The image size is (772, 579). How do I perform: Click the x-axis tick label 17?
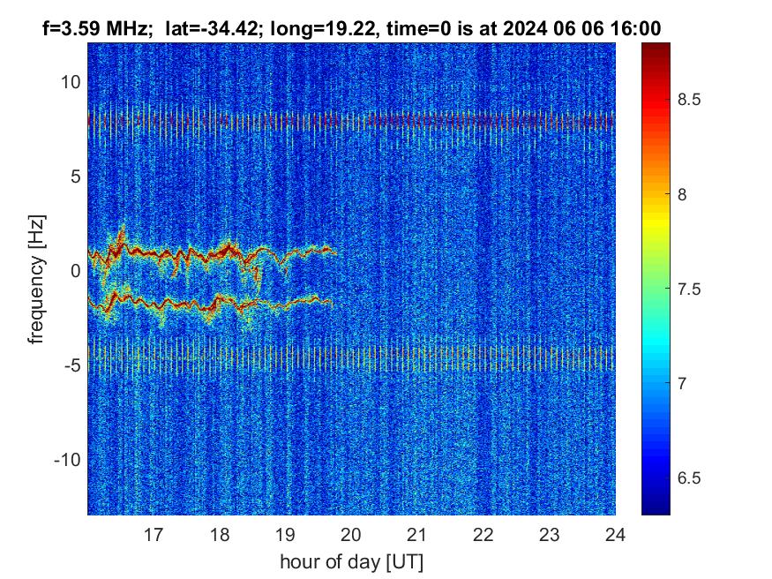[x=154, y=534]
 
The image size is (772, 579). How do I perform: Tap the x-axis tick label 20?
[x=351, y=534]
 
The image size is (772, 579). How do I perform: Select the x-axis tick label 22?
[x=483, y=534]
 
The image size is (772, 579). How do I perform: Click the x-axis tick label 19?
[x=285, y=534]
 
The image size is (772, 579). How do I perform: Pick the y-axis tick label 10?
[x=70, y=82]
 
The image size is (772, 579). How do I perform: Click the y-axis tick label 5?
[x=74, y=177]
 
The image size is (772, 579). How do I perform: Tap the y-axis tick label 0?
[x=74, y=271]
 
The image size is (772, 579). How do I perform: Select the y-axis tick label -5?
[x=71, y=365]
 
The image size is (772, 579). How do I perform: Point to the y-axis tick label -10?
[x=67, y=460]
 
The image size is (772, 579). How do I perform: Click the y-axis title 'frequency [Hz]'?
[x=36, y=278]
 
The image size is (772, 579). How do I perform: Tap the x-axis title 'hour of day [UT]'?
[x=351, y=561]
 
